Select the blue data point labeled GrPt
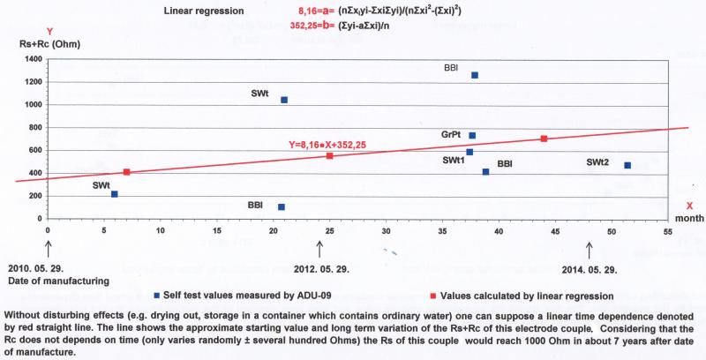(x=472, y=136)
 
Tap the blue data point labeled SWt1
(x=469, y=152)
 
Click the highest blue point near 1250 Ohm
(x=475, y=76)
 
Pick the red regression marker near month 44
(x=544, y=139)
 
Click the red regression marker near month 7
(x=127, y=172)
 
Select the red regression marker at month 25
(x=329, y=155)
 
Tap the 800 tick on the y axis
(x=34, y=127)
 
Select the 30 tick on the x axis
(x=386, y=231)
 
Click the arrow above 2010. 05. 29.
(x=48, y=250)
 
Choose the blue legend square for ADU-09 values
(x=157, y=294)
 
